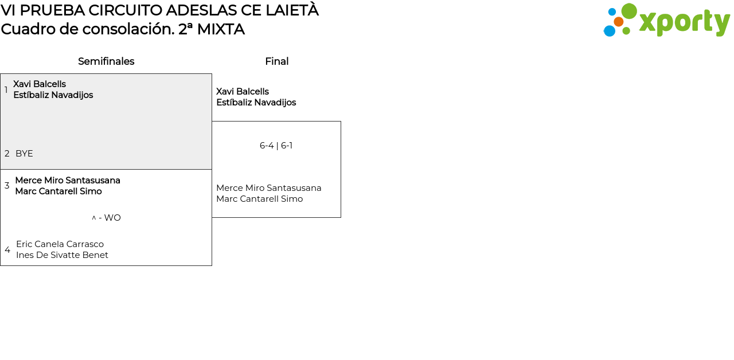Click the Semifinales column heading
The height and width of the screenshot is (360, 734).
(x=106, y=61)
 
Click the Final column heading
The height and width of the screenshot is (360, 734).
(x=276, y=61)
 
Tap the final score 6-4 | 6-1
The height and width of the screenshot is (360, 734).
(x=276, y=146)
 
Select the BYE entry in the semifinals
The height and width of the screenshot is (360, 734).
(x=24, y=154)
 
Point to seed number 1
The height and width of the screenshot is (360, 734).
(x=6, y=90)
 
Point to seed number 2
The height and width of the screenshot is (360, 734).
(x=7, y=154)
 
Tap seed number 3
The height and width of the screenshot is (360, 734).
(x=7, y=186)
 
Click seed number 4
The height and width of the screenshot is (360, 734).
(x=7, y=250)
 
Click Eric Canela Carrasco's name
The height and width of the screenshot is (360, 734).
(x=60, y=244)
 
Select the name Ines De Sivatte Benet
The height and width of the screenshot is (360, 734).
(x=62, y=255)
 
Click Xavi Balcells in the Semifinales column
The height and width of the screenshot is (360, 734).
(x=40, y=84)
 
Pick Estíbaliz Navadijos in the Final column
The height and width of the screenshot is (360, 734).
(x=256, y=103)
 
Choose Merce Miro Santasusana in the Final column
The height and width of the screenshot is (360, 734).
(x=268, y=188)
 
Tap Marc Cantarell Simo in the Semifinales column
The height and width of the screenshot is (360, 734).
(x=58, y=191)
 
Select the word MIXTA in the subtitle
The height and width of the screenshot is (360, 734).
(x=221, y=29)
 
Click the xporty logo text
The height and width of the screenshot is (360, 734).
(x=684, y=22)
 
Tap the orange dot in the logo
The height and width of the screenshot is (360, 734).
(x=618, y=22)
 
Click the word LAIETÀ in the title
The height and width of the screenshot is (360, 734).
(x=291, y=10)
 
